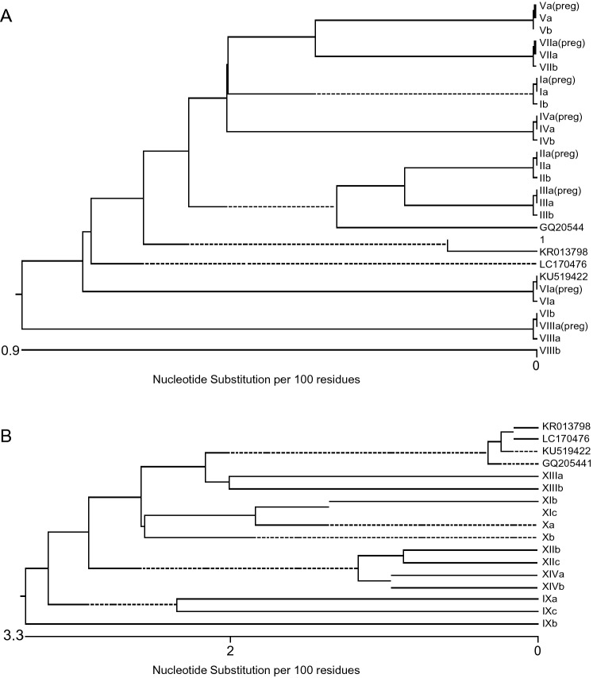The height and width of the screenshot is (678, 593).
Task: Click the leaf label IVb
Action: (x=548, y=140)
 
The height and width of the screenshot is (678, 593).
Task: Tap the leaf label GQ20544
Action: (x=560, y=226)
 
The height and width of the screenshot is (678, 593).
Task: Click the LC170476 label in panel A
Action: (x=563, y=264)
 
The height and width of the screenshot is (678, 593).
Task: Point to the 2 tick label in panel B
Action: (x=230, y=652)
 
